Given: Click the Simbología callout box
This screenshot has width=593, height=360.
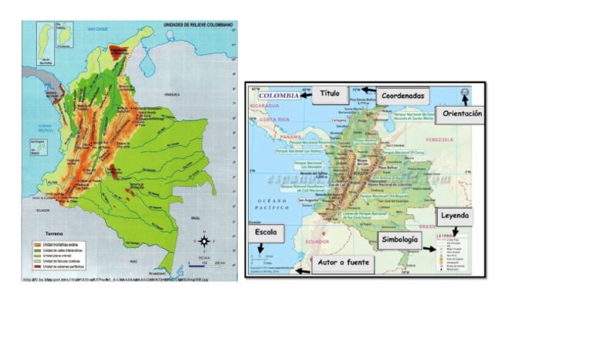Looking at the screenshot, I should click(400, 240).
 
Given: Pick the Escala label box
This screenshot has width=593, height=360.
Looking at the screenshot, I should click(265, 233).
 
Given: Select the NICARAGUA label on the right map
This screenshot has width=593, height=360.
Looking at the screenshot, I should click(263, 106).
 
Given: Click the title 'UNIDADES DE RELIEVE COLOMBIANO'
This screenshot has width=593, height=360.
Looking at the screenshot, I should click(198, 25).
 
